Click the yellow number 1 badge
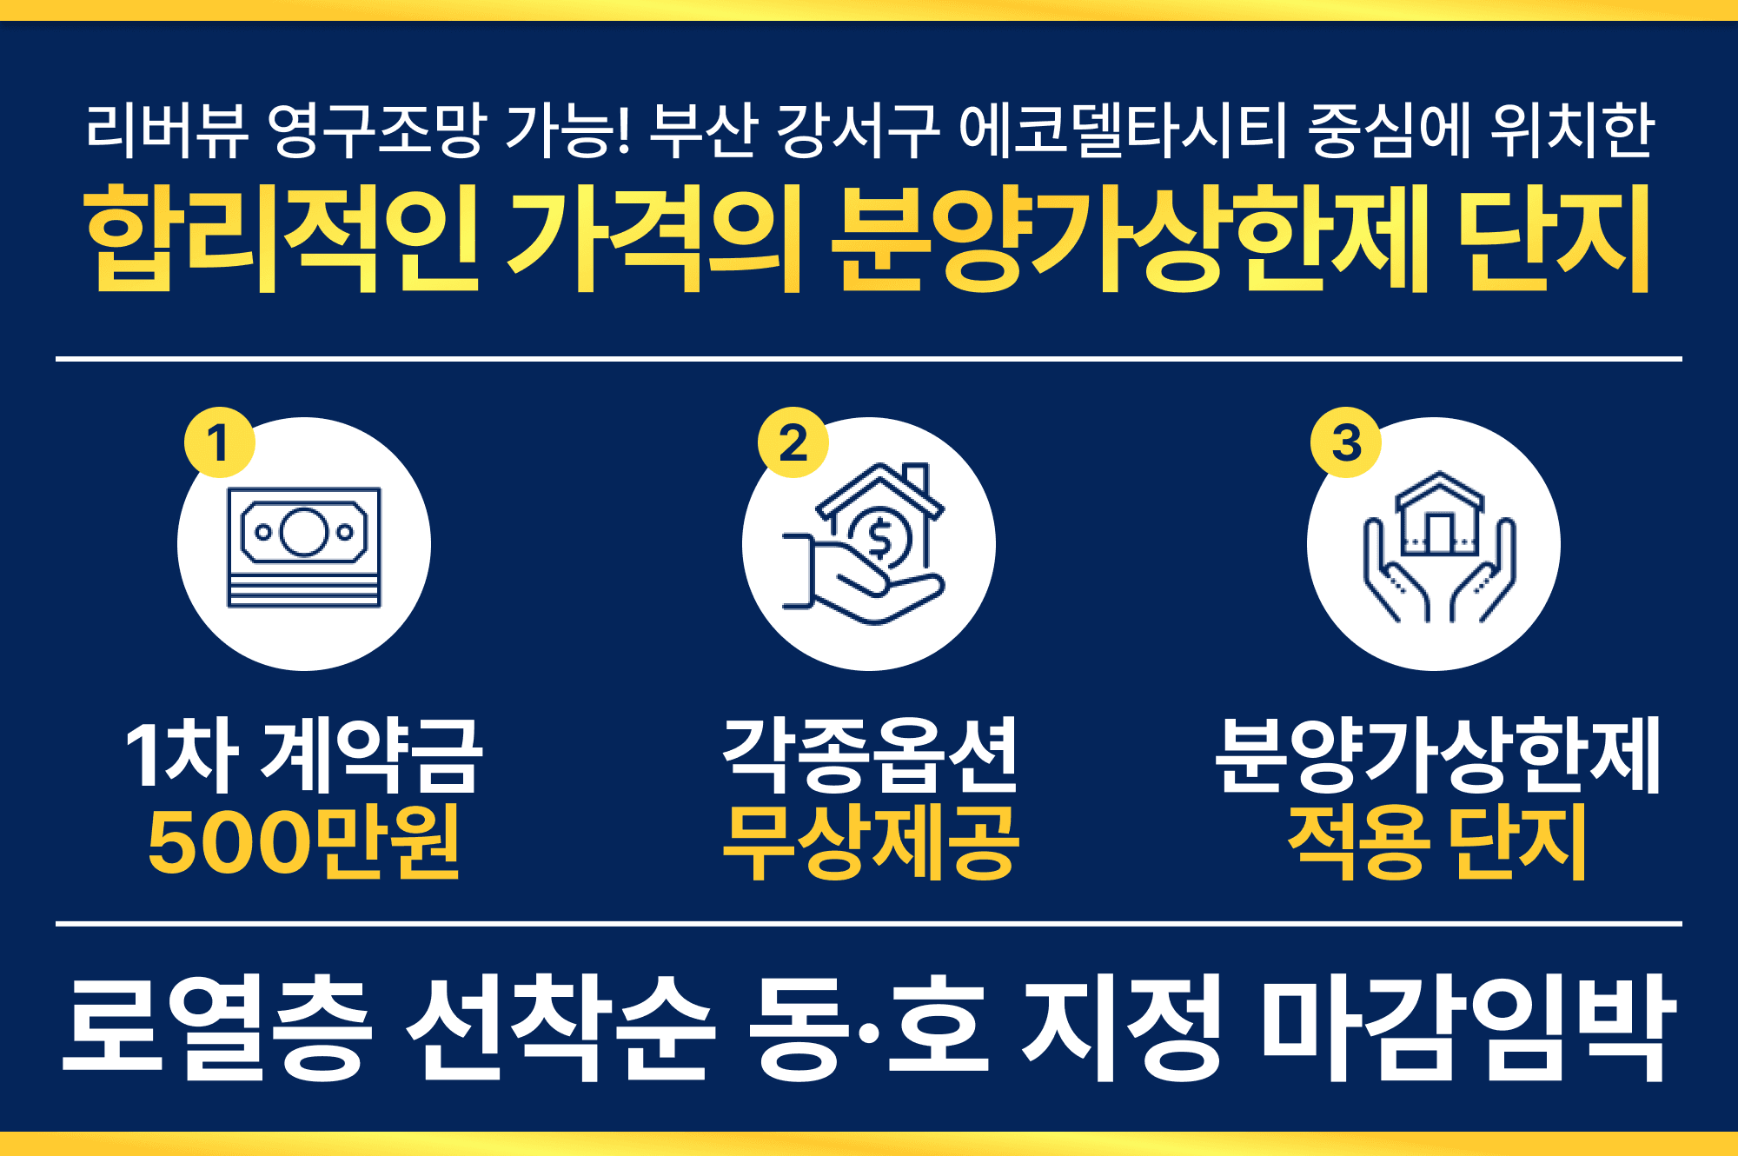(x=219, y=442)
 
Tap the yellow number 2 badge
(x=793, y=442)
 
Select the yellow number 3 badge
(x=1345, y=442)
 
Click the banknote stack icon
(x=304, y=547)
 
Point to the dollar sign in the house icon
(x=879, y=538)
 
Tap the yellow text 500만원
(x=303, y=841)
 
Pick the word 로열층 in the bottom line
(x=217, y=1028)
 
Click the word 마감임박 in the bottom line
(x=1469, y=1028)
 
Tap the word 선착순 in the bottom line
(x=561, y=1028)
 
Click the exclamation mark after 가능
(x=622, y=130)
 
